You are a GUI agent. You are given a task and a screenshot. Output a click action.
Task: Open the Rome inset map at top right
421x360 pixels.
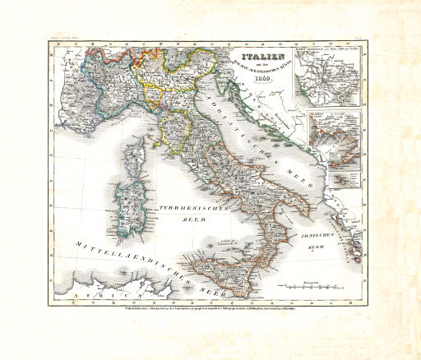click(329, 79)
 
